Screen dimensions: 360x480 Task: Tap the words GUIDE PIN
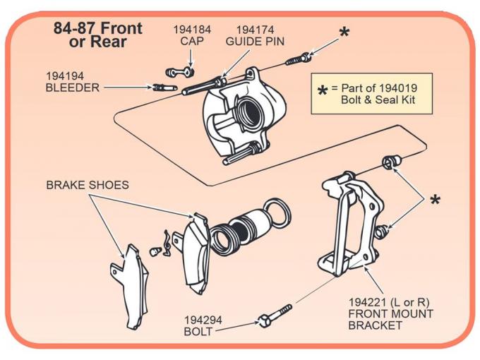(x=255, y=42)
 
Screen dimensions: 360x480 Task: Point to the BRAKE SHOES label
(x=88, y=185)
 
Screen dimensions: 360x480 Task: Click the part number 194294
(x=203, y=320)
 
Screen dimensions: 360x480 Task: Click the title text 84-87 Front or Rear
(x=98, y=35)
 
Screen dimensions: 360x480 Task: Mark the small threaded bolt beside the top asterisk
(x=297, y=59)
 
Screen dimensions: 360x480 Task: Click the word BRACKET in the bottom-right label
(x=376, y=325)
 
